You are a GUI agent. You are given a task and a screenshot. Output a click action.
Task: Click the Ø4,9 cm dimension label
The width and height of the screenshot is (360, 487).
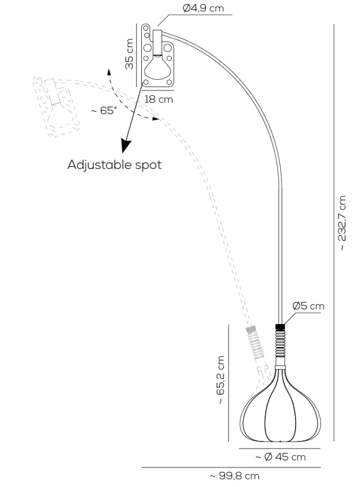pos(203,8)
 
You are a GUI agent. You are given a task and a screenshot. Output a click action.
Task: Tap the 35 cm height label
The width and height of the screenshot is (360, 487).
pos(129,54)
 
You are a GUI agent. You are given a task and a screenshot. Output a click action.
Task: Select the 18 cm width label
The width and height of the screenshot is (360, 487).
pos(159,100)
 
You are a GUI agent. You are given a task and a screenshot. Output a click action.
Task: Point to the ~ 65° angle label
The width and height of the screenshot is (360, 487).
pos(104,110)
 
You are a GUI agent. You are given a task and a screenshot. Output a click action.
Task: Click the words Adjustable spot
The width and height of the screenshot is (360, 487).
pos(115,164)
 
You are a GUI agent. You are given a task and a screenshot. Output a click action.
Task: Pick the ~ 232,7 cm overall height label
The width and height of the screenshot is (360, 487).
pos(342,223)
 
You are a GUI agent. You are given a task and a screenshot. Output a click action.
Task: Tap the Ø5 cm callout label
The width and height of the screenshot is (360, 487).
pos(308,306)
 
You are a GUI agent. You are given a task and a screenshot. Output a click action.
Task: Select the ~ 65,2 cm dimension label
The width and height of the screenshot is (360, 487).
pos(220,380)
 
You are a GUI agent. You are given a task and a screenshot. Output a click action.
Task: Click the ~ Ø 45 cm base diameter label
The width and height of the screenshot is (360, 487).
pos(280,457)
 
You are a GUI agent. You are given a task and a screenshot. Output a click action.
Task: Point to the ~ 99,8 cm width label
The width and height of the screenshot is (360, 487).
pos(234,476)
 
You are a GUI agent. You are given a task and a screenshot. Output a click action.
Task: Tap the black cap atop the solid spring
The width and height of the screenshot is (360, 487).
pos(280,327)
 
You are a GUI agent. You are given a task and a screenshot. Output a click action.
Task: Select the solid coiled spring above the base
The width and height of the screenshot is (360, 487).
pos(280,343)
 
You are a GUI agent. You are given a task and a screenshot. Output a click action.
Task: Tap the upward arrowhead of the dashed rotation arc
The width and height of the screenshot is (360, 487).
pos(109,72)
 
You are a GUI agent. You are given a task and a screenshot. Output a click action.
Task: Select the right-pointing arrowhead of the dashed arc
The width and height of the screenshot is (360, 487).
pos(155,119)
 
